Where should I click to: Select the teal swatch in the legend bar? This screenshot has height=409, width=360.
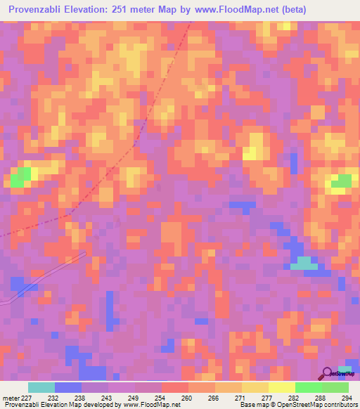41,387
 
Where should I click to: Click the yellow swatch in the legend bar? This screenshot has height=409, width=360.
282,387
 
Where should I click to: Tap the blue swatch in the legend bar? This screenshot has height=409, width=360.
68,387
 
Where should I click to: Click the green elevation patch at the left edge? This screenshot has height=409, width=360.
20,177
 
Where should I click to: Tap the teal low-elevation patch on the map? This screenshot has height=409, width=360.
304,263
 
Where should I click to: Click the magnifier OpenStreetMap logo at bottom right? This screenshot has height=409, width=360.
328,374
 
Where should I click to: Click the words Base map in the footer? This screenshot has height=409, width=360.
252,405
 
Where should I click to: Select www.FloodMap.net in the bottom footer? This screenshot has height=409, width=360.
152,405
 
